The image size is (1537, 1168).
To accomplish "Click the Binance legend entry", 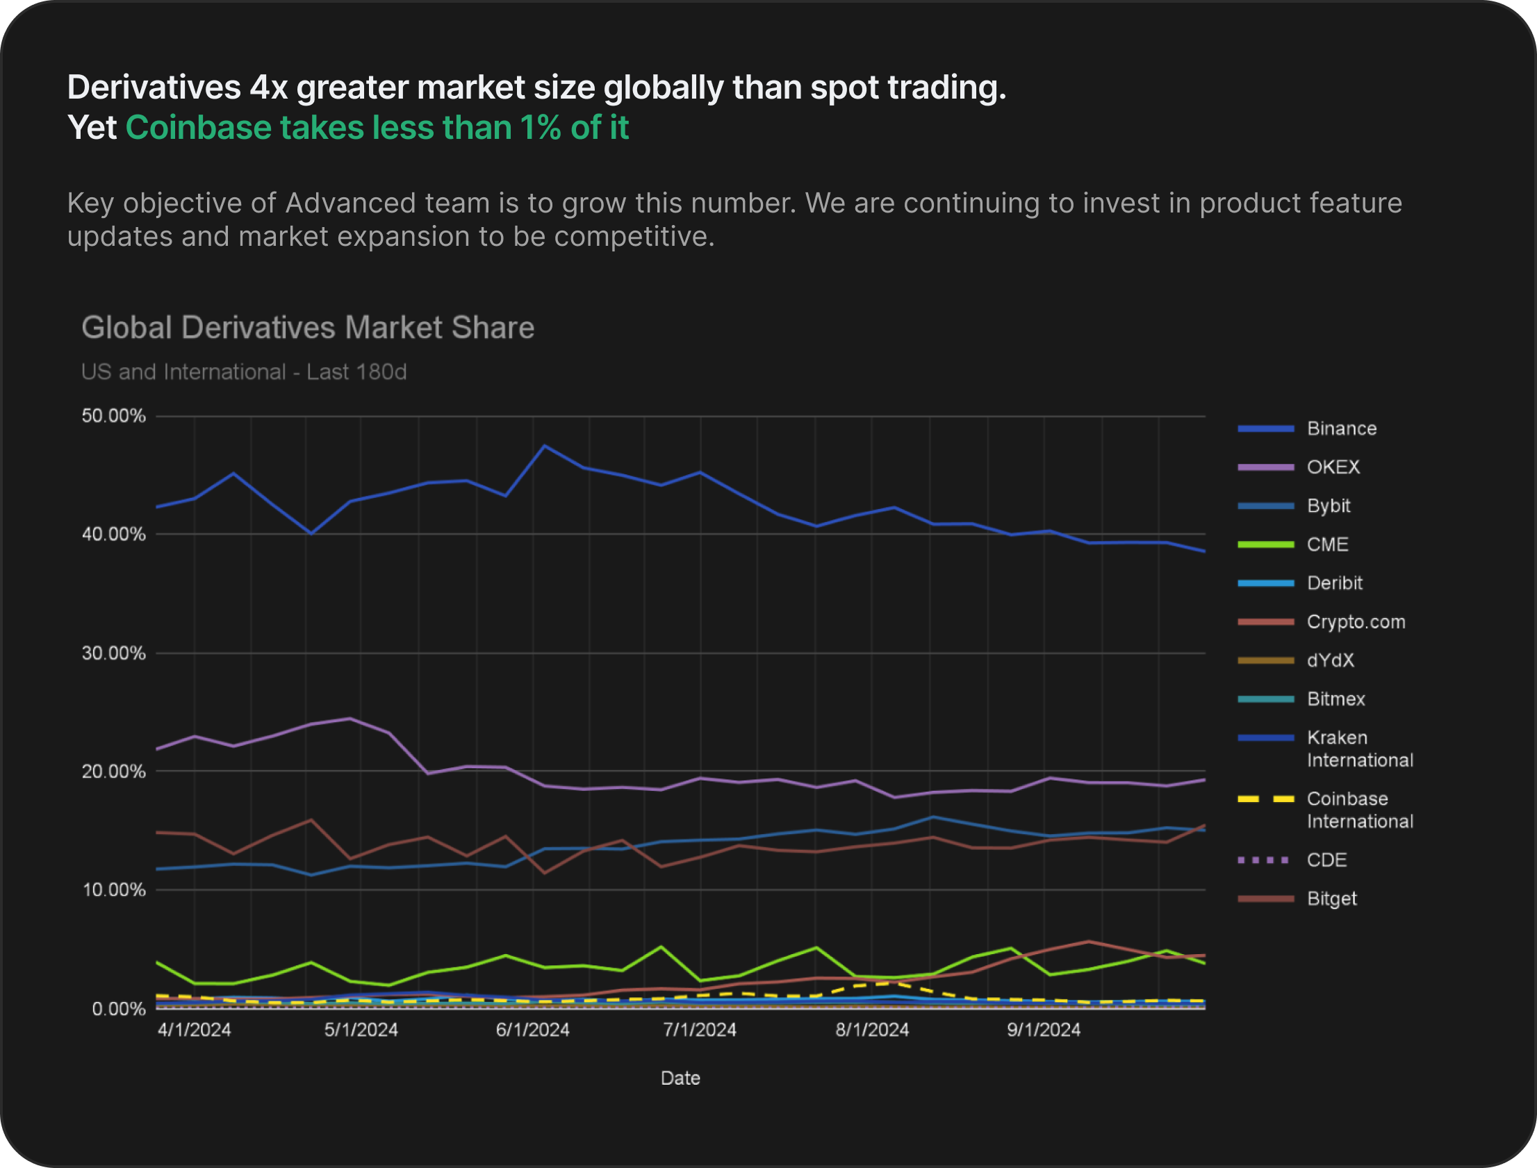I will tap(1341, 428).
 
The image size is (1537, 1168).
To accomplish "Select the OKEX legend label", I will tap(1333, 467).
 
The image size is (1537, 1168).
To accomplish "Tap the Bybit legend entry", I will tap(1328, 506).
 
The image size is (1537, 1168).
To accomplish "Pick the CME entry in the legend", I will tap(1327, 544).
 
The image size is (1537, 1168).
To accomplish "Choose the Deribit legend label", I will tap(1334, 583).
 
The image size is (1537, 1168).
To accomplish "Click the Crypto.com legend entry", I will tap(1356, 621).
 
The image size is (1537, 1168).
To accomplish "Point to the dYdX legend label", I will tap(1330, 660).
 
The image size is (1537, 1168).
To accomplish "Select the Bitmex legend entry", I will tap(1335, 699).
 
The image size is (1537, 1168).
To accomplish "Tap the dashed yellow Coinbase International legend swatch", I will tap(1266, 799).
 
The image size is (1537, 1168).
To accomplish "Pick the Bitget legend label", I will tap(1331, 899).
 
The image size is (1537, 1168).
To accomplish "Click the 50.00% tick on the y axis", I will tap(113, 416).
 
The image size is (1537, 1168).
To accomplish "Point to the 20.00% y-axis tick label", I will tap(113, 771).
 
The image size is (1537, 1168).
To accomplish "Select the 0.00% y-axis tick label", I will tap(118, 1008).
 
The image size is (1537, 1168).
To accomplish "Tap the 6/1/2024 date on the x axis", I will tap(532, 1030).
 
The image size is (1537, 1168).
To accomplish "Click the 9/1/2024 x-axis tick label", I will tap(1043, 1030).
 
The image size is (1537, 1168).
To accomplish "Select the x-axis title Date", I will tap(680, 1078).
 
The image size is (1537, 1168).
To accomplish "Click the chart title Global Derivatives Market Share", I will tap(307, 328).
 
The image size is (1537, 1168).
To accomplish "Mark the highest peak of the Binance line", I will tap(544, 446).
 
